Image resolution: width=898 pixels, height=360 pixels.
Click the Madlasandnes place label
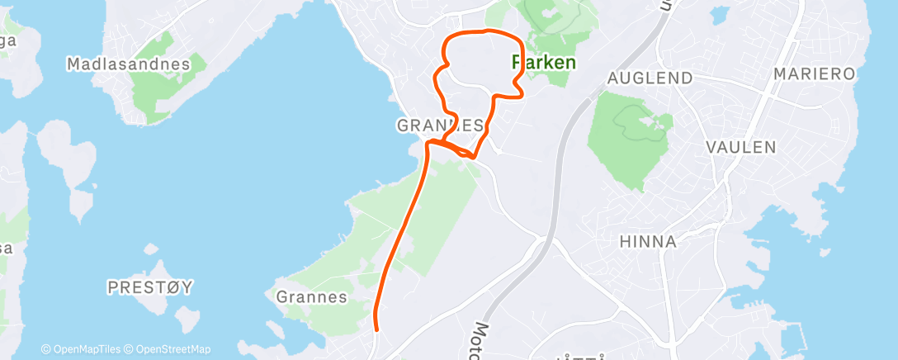pos(127,64)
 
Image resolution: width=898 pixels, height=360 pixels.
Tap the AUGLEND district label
pos(649,78)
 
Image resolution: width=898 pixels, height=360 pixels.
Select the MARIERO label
pos(814,74)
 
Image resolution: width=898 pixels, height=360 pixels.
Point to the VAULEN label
pos(741,147)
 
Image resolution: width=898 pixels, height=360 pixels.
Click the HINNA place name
pos(648,242)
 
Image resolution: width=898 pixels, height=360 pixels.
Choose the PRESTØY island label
pos(150,287)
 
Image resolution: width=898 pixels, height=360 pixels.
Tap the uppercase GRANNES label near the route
pos(439,126)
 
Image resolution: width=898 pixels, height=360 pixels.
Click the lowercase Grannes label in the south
pos(312,297)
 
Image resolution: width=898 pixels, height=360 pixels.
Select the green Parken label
pos(544,62)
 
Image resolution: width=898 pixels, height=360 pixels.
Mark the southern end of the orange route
pos(376,329)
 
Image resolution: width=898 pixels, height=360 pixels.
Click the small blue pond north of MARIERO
pos(720,14)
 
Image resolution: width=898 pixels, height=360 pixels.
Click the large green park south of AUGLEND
pos(629,140)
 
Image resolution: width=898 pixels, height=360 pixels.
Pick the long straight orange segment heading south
pos(404,231)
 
